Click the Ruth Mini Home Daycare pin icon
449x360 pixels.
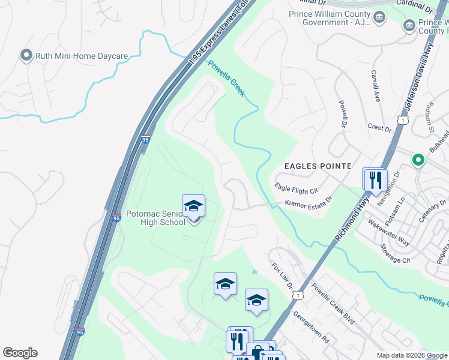[26, 56]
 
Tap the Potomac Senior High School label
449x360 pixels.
[155, 218]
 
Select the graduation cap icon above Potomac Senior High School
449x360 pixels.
[193, 206]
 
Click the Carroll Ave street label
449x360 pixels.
[376, 86]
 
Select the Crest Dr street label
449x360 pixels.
[379, 128]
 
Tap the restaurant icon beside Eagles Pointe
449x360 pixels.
[375, 179]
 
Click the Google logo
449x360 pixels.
[20, 353]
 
